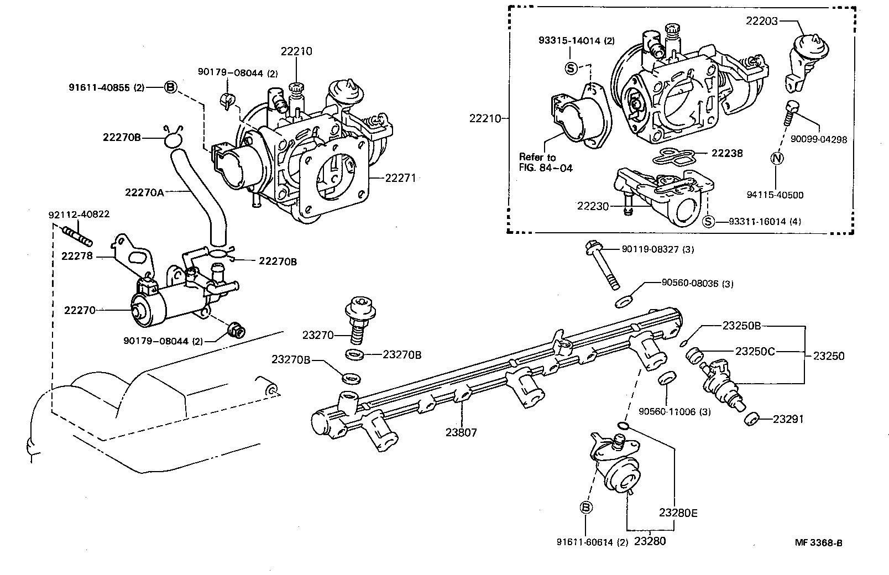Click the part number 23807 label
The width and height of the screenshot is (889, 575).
(x=461, y=432)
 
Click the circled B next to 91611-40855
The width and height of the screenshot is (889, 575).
(x=170, y=87)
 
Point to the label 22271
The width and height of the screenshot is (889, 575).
(x=400, y=178)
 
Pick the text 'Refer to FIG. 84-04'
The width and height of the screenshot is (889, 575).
(x=546, y=163)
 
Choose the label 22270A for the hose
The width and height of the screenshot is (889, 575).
(x=144, y=192)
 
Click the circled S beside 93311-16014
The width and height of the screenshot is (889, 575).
(x=708, y=221)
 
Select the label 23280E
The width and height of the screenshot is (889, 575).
(x=678, y=513)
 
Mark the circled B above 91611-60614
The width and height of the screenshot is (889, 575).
(x=585, y=507)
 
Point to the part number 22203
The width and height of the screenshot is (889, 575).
(x=762, y=21)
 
